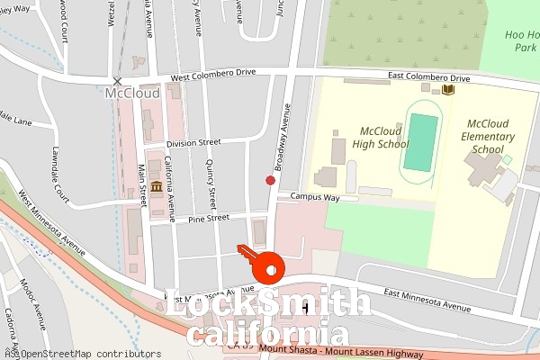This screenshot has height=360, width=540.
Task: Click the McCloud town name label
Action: (131, 93)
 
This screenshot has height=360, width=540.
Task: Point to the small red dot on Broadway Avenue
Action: (270, 180)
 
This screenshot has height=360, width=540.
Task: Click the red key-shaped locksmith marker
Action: (265, 263)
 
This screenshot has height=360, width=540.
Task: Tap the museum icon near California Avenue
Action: (157, 186)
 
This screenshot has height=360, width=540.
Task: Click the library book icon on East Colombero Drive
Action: (448, 89)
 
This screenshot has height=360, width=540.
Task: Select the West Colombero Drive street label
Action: (220, 77)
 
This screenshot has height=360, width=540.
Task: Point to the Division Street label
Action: (193, 142)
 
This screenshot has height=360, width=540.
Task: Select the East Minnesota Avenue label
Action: (427, 300)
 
